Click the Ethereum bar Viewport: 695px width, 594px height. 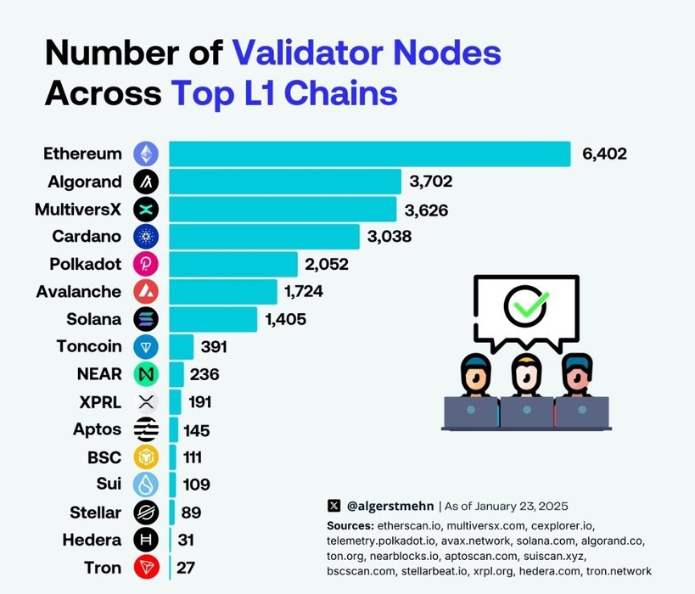click(369, 154)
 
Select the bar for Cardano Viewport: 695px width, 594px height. click(264, 236)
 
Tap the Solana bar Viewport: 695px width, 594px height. click(213, 319)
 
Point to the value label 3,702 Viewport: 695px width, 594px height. click(431, 181)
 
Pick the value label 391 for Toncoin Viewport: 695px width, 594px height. click(214, 346)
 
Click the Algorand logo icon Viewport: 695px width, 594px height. click(146, 181)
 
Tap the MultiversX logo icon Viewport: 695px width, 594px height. click(146, 209)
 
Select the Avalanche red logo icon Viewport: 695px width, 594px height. click(146, 291)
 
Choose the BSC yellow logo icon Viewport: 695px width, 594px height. click(146, 457)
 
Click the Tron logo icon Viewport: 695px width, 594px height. click(146, 567)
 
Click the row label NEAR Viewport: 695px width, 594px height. click(100, 373)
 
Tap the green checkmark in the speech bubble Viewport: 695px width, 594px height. click(526, 305)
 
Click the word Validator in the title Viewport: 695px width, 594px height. click(305, 53)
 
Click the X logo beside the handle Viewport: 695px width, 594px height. click(333, 506)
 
